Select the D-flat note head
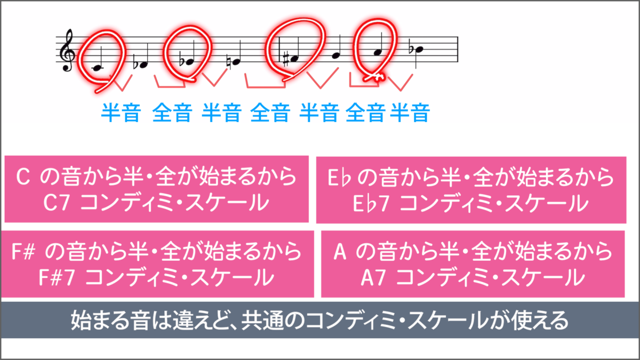tap(142, 64)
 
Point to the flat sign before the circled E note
tap(182, 61)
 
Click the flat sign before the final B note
tap(411, 49)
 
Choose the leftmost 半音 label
tap(121, 113)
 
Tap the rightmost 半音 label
tap(410, 113)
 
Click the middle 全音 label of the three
tap(270, 113)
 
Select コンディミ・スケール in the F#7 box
tap(176, 277)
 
